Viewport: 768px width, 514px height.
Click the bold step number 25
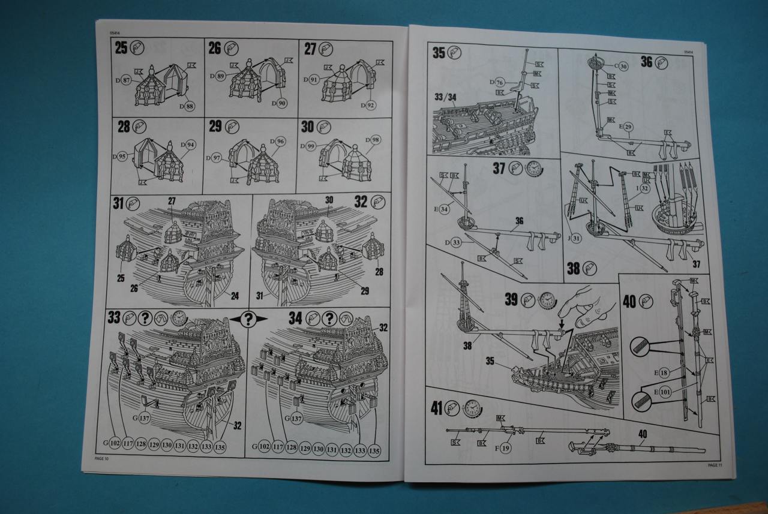click(x=121, y=48)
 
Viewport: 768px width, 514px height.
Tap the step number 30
click(x=307, y=127)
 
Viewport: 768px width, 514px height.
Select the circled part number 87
click(x=127, y=80)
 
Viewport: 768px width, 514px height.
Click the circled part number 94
click(x=190, y=145)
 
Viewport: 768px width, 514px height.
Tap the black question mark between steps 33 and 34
click(x=248, y=319)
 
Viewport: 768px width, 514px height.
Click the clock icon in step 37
click(x=533, y=169)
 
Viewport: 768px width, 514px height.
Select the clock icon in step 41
click(x=473, y=408)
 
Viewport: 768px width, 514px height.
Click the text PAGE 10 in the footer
click(x=102, y=459)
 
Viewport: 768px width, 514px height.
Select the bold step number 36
click(x=646, y=61)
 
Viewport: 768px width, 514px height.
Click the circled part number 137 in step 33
click(x=143, y=418)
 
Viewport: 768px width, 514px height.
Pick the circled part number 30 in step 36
click(x=623, y=67)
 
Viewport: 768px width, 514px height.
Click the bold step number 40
click(x=629, y=302)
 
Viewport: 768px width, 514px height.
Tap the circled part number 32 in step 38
click(x=644, y=188)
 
